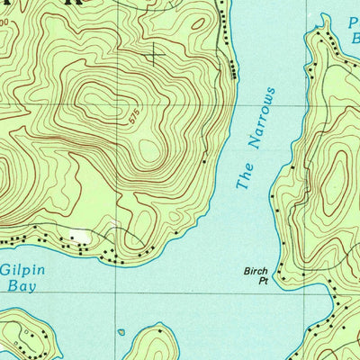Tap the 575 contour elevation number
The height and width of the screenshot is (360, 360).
point(135,116)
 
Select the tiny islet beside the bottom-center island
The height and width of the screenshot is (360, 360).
point(121,332)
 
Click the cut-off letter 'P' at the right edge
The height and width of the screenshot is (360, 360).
point(355,20)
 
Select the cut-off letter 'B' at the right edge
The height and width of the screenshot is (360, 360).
point(355,38)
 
